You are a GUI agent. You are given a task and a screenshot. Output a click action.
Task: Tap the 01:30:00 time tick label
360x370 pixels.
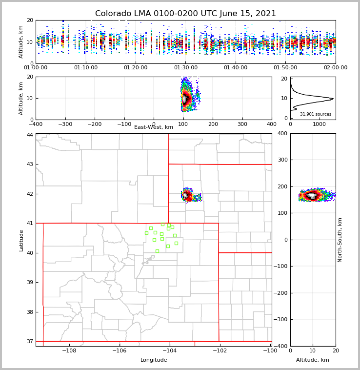(186, 68)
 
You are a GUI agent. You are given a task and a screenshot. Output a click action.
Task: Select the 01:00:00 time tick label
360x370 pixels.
(36, 68)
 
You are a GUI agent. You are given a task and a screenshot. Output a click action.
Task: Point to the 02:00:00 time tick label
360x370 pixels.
(335, 68)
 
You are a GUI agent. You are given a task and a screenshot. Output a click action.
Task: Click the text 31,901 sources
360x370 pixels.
(316, 114)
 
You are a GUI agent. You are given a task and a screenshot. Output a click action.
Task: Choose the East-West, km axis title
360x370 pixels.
(154, 127)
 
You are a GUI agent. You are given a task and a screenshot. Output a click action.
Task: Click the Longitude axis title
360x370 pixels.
(154, 360)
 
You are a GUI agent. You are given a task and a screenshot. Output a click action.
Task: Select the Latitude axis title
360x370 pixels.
(21, 240)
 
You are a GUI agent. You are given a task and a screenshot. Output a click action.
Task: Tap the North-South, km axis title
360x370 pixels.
(340, 240)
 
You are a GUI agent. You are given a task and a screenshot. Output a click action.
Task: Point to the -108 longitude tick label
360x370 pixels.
(69, 350)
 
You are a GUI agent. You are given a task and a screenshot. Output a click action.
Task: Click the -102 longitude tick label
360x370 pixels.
(220, 350)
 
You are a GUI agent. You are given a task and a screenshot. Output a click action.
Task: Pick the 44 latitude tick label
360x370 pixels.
(30, 135)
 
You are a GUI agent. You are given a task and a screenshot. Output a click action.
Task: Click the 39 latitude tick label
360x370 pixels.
(30, 283)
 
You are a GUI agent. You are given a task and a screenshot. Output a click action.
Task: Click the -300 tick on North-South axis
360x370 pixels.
(281, 320)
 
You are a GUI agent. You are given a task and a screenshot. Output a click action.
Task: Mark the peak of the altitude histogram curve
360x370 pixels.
(333, 99)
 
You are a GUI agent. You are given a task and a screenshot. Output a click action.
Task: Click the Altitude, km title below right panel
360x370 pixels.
(313, 360)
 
